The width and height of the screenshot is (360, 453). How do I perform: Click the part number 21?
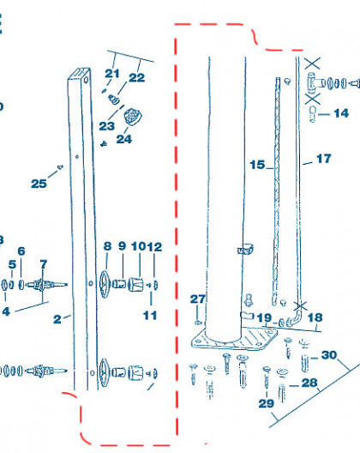(x=112, y=74)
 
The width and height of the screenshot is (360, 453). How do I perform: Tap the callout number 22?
(x=136, y=77)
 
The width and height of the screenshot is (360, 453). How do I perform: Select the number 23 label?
(x=107, y=126)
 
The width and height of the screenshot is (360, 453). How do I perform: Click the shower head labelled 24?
(x=133, y=116)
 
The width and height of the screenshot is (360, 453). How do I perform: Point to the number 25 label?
(x=39, y=184)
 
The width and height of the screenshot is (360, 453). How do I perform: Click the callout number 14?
(x=341, y=113)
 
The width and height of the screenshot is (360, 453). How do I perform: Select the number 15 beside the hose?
(x=257, y=165)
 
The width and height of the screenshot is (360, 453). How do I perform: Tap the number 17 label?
(x=324, y=159)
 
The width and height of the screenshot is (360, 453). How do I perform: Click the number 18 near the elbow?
(x=315, y=317)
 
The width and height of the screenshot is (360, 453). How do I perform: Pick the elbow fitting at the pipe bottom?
(x=295, y=317)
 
